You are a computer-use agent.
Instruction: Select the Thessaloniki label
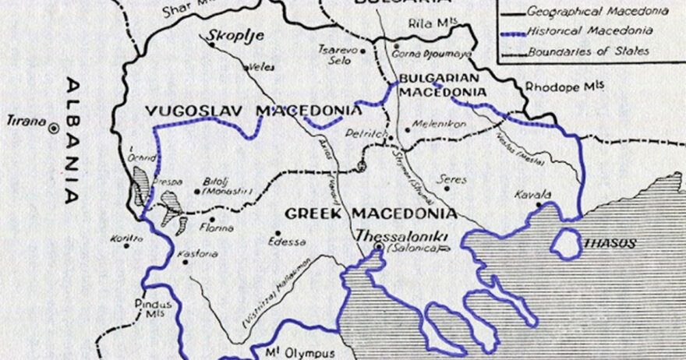[394, 234]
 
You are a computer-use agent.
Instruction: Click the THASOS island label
[612, 243]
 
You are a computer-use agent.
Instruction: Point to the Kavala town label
[533, 194]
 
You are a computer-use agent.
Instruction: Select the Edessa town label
[287, 241]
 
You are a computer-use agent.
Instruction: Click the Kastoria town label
[198, 254]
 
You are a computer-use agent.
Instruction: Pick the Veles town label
[260, 67]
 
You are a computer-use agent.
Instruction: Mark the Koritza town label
[127, 238]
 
